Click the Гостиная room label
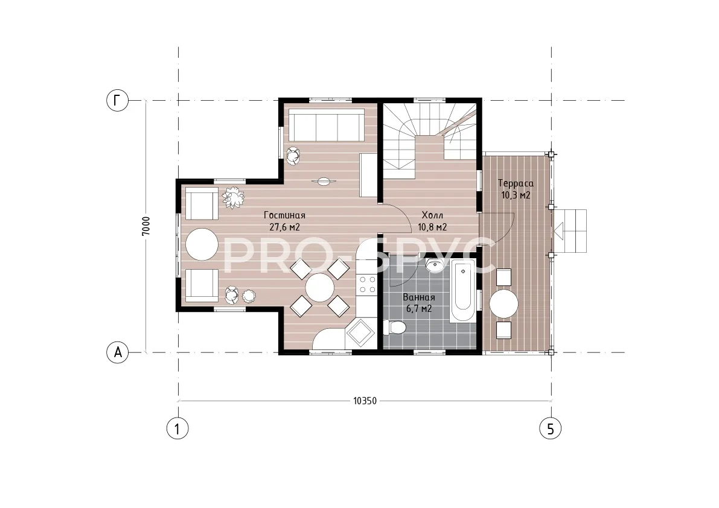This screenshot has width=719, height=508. coord(284,215)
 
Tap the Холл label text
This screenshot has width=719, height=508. coord(432,215)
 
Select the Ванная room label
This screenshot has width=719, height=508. coord(419,297)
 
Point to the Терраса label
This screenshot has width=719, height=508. coord(516,183)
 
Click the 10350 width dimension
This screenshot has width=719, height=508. coord(365,401)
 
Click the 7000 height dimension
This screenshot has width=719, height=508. coord(146,226)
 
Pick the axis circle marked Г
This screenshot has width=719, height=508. coord(117,100)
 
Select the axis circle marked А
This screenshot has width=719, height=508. coord(117,353)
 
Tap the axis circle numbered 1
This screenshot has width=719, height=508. coord(177,429)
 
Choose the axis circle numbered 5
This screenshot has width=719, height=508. coord(550,429)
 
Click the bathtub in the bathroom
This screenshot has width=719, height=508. coord(462,290)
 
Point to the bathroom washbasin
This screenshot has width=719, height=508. coord(433,265)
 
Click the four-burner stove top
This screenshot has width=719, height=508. coord(367,284)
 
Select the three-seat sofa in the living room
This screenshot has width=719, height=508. coord(327,125)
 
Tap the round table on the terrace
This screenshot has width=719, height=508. coord(503,303)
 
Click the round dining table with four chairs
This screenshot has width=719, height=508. coord(320,288)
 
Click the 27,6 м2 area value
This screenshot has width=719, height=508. coord(284,227)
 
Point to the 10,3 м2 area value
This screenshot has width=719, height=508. coord(516,195)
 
